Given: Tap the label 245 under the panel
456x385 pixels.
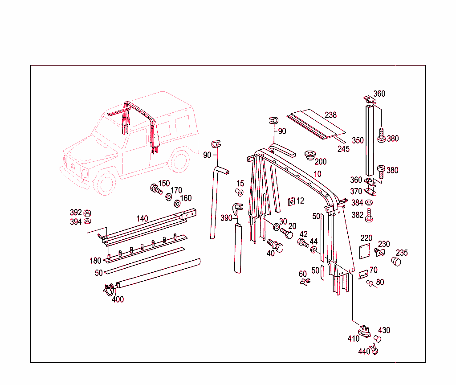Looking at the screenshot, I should click(x=343, y=149).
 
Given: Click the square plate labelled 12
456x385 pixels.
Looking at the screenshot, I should click(x=291, y=201).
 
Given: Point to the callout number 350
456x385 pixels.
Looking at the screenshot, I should click(x=358, y=140).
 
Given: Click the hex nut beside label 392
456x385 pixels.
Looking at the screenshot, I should click(x=88, y=212).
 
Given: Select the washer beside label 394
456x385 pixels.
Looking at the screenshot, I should click(x=88, y=221).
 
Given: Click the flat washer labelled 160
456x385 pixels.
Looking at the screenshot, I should click(x=176, y=204).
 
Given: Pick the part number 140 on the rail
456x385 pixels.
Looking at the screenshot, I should click(x=142, y=218).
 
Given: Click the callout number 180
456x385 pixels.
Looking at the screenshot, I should click(x=95, y=261).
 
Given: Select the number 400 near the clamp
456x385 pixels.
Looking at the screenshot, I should click(x=118, y=299).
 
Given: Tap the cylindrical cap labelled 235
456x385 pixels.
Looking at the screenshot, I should click(x=396, y=261).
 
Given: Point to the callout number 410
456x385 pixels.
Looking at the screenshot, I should click(x=354, y=339).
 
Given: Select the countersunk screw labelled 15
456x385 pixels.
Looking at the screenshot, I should click(x=239, y=192).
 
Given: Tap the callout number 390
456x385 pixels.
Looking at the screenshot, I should click(x=226, y=217).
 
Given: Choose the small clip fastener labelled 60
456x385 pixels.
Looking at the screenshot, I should click(x=305, y=282).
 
